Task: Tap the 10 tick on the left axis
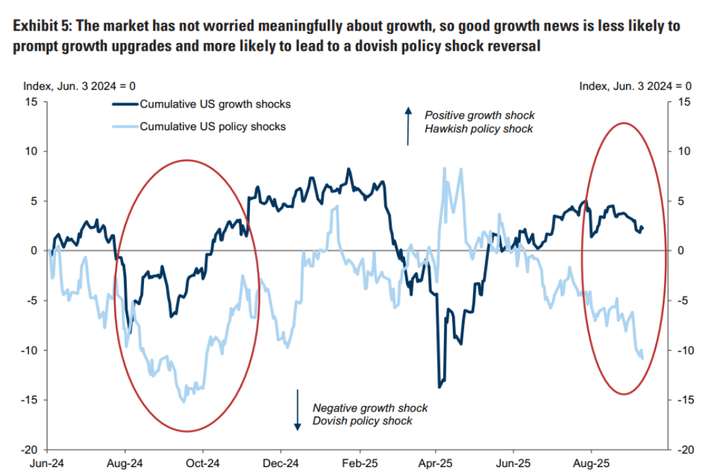[x=33, y=151]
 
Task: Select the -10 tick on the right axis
[x=683, y=351]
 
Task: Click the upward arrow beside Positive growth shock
[x=408, y=126]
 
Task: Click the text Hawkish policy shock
[x=479, y=129]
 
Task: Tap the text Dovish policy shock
[x=362, y=421]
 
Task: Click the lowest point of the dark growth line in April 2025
[x=439, y=387]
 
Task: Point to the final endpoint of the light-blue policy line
[x=643, y=358]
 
